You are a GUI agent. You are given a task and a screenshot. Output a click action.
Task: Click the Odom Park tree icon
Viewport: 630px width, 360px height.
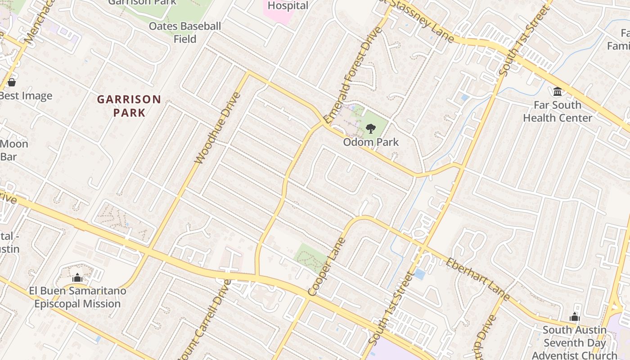(371, 129)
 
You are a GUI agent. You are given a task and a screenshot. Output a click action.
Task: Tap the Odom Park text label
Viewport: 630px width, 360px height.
(371, 142)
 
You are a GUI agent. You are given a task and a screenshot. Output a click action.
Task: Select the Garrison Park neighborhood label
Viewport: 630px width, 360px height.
(129, 106)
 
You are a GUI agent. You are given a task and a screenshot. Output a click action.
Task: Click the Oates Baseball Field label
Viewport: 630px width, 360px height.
(185, 32)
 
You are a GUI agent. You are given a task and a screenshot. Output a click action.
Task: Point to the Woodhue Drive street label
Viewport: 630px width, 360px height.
(218, 128)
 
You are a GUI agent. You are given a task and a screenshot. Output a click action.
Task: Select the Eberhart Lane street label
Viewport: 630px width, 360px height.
(478, 279)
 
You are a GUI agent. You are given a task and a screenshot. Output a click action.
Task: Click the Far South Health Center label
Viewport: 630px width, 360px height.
(558, 112)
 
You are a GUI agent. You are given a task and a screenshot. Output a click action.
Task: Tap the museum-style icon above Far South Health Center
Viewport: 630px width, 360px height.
(558, 92)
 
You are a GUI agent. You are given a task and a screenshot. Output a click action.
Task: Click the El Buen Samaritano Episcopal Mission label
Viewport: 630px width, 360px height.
(78, 297)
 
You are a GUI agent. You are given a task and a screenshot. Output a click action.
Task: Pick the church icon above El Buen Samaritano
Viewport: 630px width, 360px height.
(77, 278)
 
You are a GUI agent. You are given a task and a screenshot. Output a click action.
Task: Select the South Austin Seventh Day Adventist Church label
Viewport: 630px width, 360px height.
(575, 342)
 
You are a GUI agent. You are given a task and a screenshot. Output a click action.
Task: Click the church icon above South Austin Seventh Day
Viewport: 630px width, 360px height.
(575, 317)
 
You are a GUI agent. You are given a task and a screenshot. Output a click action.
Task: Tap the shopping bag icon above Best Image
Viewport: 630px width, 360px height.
(12, 82)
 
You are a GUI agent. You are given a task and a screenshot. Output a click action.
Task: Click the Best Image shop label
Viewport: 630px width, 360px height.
(26, 96)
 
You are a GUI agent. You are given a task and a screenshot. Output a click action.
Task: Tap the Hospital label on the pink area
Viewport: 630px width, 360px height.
(288, 6)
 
